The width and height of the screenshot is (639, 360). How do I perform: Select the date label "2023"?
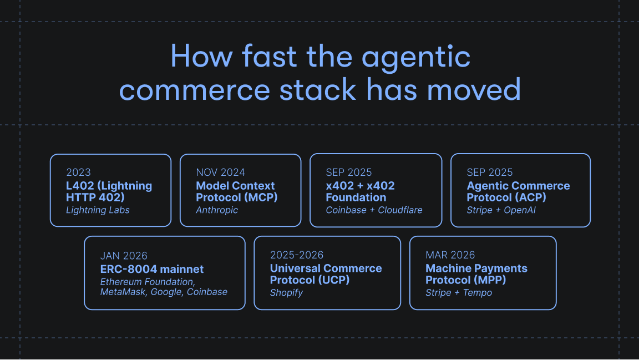(78, 173)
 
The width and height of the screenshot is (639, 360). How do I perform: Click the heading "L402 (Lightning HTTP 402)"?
(109, 191)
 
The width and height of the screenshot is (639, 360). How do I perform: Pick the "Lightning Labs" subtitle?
(98, 210)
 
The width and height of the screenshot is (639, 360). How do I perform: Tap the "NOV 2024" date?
(220, 173)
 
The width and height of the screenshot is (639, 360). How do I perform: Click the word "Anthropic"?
(217, 210)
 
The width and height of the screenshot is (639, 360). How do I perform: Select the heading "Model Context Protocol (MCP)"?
(236, 191)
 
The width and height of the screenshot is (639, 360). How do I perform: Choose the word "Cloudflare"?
(400, 210)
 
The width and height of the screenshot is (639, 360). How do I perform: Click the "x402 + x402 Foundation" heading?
(360, 191)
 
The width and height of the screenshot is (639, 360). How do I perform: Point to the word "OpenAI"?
(520, 210)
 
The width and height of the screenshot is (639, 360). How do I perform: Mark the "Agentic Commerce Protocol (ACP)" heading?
(518, 191)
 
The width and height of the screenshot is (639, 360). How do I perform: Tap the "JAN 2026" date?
(124, 256)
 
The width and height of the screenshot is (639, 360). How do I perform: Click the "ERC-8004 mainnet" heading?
(152, 269)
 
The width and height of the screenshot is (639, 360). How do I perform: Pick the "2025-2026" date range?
(297, 255)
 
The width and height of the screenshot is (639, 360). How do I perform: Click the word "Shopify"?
(286, 292)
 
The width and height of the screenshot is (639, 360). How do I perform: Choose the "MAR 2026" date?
(450, 255)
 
